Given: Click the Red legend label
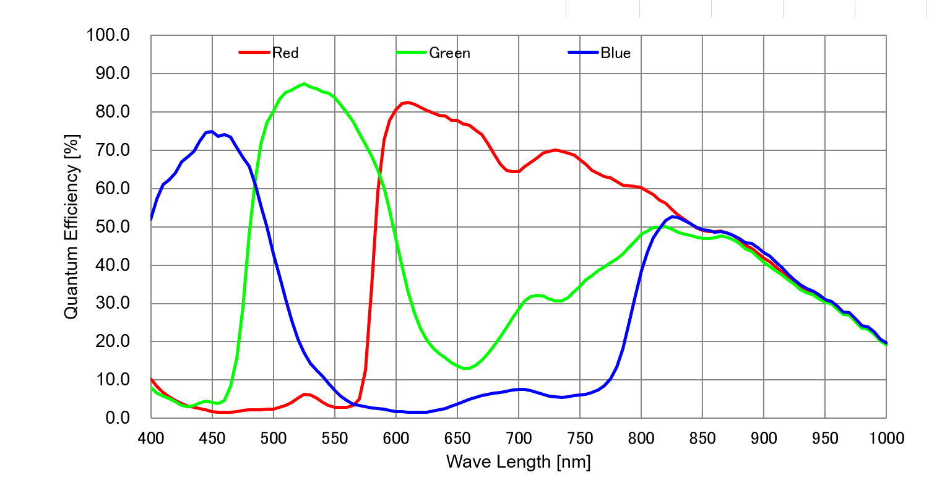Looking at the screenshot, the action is click(285, 53).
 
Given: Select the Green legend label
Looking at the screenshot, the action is click(449, 53).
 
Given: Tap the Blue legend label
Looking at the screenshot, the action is click(615, 53).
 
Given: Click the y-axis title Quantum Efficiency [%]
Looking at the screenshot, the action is click(71, 227).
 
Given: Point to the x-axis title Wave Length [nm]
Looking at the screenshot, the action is click(519, 462).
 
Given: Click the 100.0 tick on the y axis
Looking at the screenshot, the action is click(108, 35).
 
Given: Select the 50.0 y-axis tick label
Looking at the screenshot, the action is click(113, 227).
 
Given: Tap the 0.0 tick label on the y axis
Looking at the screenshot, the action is click(118, 418).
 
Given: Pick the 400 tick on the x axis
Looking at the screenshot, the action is click(151, 439).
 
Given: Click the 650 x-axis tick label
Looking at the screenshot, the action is click(457, 439).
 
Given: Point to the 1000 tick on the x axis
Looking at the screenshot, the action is click(886, 439).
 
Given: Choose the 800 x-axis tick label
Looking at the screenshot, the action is click(641, 439).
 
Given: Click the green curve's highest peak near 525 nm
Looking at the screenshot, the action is click(304, 84).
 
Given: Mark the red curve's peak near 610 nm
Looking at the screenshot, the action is click(408, 103).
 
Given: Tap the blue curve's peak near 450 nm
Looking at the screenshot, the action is click(212, 131).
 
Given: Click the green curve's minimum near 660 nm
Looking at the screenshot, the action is click(467, 368).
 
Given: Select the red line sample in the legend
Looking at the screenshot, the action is click(254, 52).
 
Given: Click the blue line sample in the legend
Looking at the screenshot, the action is click(583, 52).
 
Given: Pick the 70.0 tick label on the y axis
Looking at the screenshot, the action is click(113, 150).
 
